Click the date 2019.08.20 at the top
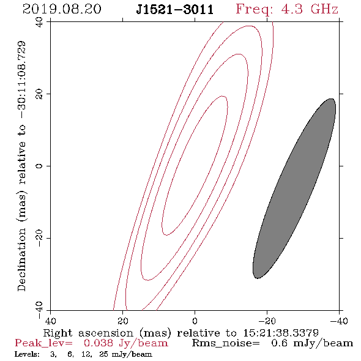pos(62,9)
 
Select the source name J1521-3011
pos(175,9)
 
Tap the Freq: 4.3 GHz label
pos(287,10)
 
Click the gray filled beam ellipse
pos(294,188)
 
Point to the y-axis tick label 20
pos(39,94)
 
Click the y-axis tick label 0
pos(39,166)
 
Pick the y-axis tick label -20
pos(39,239)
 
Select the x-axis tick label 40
pos(50,321)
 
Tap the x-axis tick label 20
pos(123,321)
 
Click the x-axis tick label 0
pos(195,321)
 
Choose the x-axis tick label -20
pos(267,321)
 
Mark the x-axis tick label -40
pos(339,321)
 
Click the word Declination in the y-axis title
pos(21,259)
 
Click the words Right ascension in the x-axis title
pos(88,333)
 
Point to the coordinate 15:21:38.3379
pos(281,333)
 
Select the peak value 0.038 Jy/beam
pos(125,343)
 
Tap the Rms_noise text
pos(226,343)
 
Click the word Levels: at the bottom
pos(27,354)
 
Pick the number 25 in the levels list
pos(104,354)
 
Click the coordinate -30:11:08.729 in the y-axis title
pos(21,80)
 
